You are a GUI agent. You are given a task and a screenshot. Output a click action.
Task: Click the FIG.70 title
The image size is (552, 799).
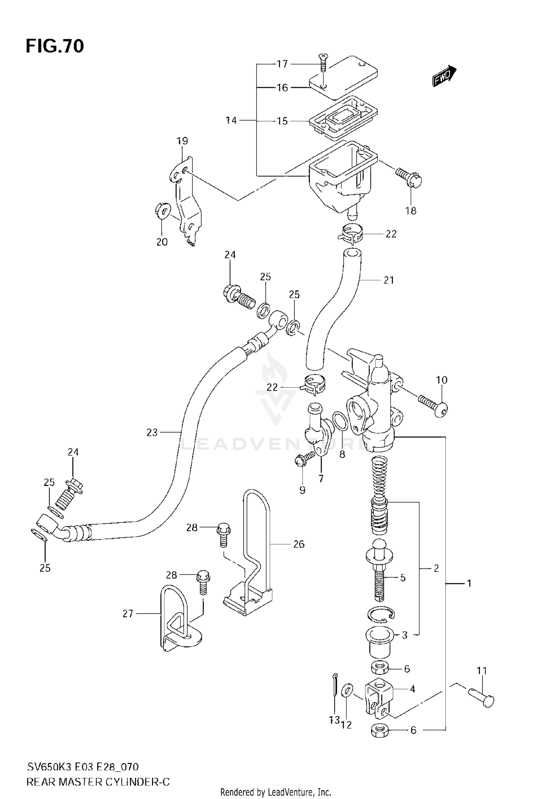tap(54, 46)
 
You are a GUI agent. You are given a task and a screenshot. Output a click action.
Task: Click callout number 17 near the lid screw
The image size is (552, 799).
tap(282, 64)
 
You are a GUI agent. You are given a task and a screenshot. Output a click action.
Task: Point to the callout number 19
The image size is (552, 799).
tap(182, 141)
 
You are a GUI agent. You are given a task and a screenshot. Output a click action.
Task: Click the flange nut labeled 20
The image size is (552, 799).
tap(162, 211)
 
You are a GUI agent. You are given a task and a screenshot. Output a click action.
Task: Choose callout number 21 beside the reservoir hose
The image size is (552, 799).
tap(389, 280)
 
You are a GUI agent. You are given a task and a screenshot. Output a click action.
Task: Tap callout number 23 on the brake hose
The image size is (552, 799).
tap(152, 433)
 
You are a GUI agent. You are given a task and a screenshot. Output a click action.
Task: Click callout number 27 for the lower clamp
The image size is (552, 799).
tap(128, 614)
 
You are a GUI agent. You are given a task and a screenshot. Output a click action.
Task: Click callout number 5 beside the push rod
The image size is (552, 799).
tap(403, 578)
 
